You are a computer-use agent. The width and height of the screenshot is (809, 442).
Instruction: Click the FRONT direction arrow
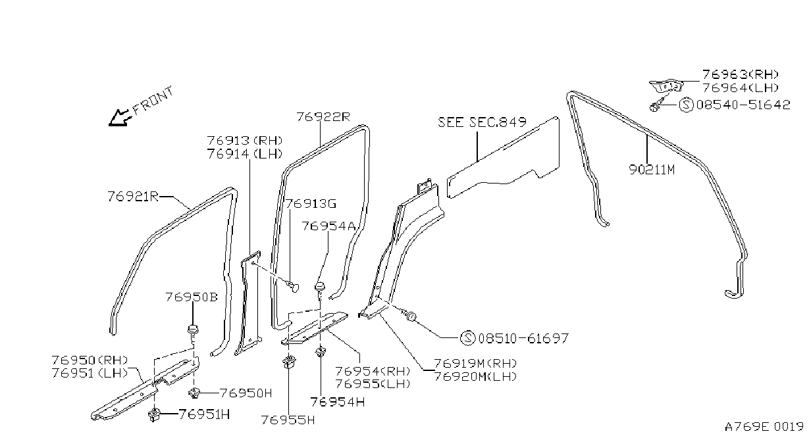click(118, 118)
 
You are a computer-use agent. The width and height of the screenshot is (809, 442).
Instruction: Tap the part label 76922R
click(323, 117)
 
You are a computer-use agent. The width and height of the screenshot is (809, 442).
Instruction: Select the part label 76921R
click(133, 197)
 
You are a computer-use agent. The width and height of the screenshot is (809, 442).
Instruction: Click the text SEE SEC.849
click(482, 122)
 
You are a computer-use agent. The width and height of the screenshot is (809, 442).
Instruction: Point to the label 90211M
click(652, 170)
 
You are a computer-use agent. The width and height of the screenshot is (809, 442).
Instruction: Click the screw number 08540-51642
click(743, 105)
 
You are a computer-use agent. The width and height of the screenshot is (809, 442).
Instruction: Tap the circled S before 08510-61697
click(468, 338)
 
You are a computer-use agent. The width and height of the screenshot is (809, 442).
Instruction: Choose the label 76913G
click(311, 204)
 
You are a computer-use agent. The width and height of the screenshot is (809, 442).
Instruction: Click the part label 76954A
click(328, 226)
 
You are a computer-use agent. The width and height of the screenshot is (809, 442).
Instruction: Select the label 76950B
click(192, 297)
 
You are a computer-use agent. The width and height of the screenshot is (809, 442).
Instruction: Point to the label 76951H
click(204, 414)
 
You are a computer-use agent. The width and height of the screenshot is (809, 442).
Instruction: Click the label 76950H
click(246, 393)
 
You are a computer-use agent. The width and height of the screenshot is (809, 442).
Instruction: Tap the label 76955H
click(288, 420)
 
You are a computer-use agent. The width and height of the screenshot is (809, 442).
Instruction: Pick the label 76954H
click(337, 402)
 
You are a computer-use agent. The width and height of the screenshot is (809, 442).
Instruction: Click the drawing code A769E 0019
click(764, 427)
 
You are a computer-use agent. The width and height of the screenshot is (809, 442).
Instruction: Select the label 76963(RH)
click(741, 75)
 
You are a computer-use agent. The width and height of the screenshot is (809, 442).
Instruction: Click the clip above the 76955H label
click(288, 362)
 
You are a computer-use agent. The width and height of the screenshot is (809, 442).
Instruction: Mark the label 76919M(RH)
click(475, 363)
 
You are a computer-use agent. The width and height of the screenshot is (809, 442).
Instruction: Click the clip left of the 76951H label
click(154, 415)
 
